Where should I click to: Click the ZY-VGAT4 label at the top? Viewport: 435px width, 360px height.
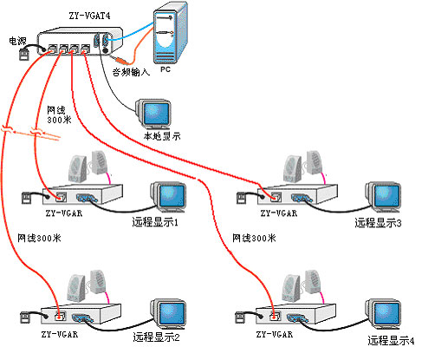tap(89, 16)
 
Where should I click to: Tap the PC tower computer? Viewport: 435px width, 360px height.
tap(171, 33)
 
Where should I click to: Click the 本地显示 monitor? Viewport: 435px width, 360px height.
tap(153, 114)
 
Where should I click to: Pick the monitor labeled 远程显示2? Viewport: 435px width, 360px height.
tap(168, 314)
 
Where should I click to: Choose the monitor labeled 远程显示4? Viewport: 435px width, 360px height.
tap(383, 314)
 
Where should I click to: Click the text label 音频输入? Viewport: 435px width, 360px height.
tap(132, 72)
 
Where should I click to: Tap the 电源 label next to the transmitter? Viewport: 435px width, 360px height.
tap(17, 41)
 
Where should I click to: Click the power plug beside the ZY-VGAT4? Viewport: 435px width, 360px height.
tap(24, 55)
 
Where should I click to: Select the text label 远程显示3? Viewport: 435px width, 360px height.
tap(378, 223)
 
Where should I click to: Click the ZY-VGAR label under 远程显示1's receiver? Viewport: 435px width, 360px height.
tap(64, 213)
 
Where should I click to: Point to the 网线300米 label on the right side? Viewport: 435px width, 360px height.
tap(254, 239)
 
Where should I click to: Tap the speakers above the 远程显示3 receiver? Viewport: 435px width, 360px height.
tap(302, 167)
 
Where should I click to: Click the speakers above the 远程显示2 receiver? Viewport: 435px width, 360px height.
tap(86, 286)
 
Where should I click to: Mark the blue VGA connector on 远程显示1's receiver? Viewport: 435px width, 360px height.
tap(88, 199)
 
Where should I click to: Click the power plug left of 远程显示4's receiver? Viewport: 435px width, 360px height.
tap(241, 317)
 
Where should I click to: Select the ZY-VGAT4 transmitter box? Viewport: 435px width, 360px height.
tap(80, 41)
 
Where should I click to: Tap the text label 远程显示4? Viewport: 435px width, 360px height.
tap(391, 341)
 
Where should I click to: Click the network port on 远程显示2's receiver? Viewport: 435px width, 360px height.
tap(61, 316)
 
